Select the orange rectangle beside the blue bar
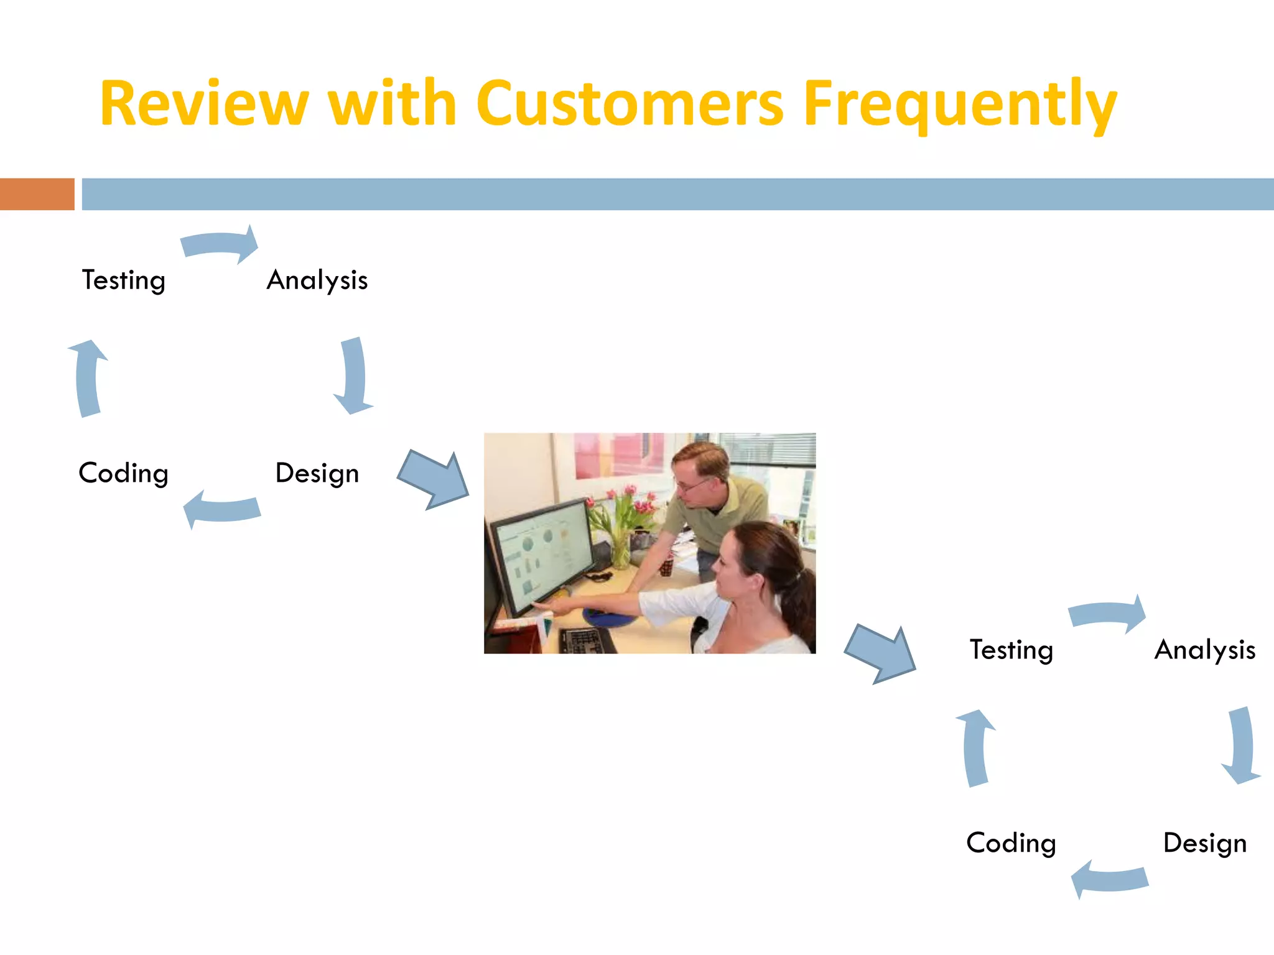point(37,194)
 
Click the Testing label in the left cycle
point(123,280)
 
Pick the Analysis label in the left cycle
point(317,280)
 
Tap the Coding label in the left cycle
point(123,473)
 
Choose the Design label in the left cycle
point(317,473)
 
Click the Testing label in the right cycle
point(1011,650)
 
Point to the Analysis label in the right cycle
point(1205,650)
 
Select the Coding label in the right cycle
point(1011,843)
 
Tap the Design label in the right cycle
point(1205,843)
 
